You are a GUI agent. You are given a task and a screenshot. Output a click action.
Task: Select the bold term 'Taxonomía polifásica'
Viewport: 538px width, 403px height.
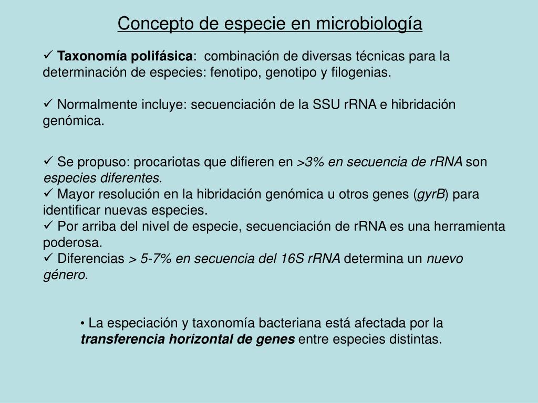click(125, 56)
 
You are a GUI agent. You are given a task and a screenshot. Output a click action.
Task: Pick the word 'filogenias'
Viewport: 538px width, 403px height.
click(360, 72)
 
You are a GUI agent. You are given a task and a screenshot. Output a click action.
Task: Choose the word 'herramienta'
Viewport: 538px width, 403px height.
click(471, 227)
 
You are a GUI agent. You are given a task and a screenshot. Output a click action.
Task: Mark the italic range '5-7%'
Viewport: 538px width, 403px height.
click(156, 259)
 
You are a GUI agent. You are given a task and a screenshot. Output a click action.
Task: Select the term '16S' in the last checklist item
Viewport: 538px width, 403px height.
click(293, 259)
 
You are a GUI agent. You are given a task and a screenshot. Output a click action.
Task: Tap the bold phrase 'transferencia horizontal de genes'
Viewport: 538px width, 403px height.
click(188, 339)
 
